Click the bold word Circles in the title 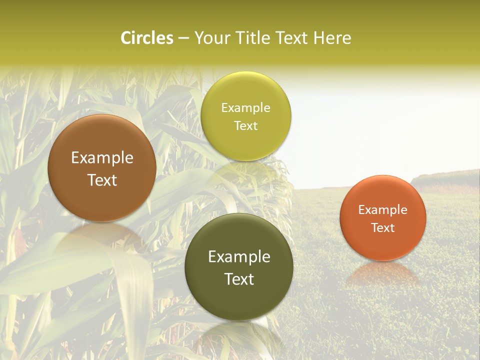click(147, 38)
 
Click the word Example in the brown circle click(102, 158)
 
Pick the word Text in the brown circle click(102, 180)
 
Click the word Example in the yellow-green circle click(245, 108)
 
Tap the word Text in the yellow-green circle click(245, 126)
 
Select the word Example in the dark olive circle click(239, 257)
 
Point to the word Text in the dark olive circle click(239, 279)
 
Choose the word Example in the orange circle click(383, 210)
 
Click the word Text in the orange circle click(383, 228)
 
